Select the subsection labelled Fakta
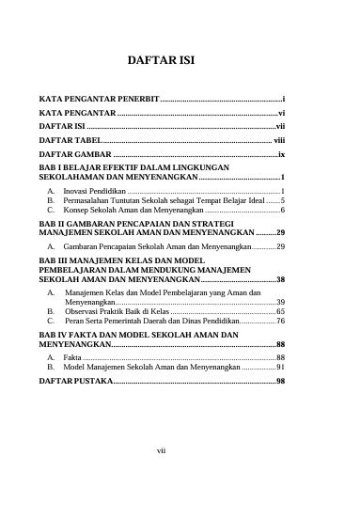click(71, 358)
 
